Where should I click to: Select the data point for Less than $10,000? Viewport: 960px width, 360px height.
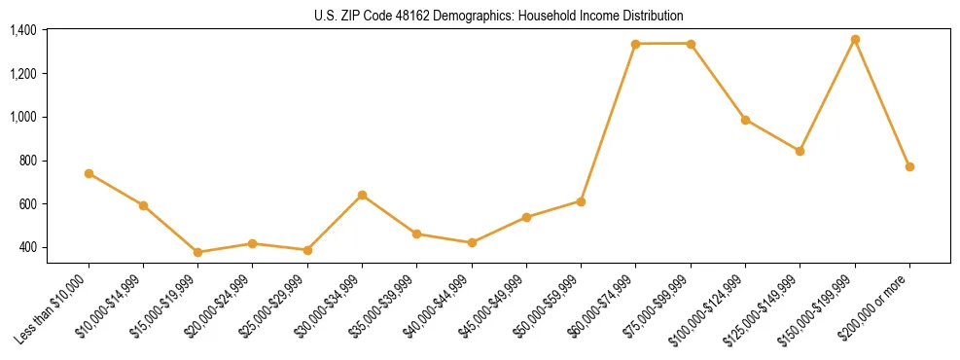coord(89,173)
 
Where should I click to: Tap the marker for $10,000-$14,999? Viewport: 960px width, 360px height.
coord(143,205)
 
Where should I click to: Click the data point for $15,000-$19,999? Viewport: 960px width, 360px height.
coord(197,252)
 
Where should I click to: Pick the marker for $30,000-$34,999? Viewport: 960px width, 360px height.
coord(362,195)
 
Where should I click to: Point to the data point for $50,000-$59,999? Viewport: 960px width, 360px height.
coord(581,201)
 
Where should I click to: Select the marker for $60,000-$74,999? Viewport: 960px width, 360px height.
coord(635,44)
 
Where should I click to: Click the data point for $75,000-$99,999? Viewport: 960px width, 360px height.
coord(691,44)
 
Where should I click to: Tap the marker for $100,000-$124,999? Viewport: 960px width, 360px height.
coord(745,120)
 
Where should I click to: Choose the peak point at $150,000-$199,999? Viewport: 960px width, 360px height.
coord(855,40)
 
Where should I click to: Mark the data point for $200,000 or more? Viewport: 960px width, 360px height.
coord(909,166)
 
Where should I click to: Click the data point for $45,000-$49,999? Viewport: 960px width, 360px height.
coord(526,217)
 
